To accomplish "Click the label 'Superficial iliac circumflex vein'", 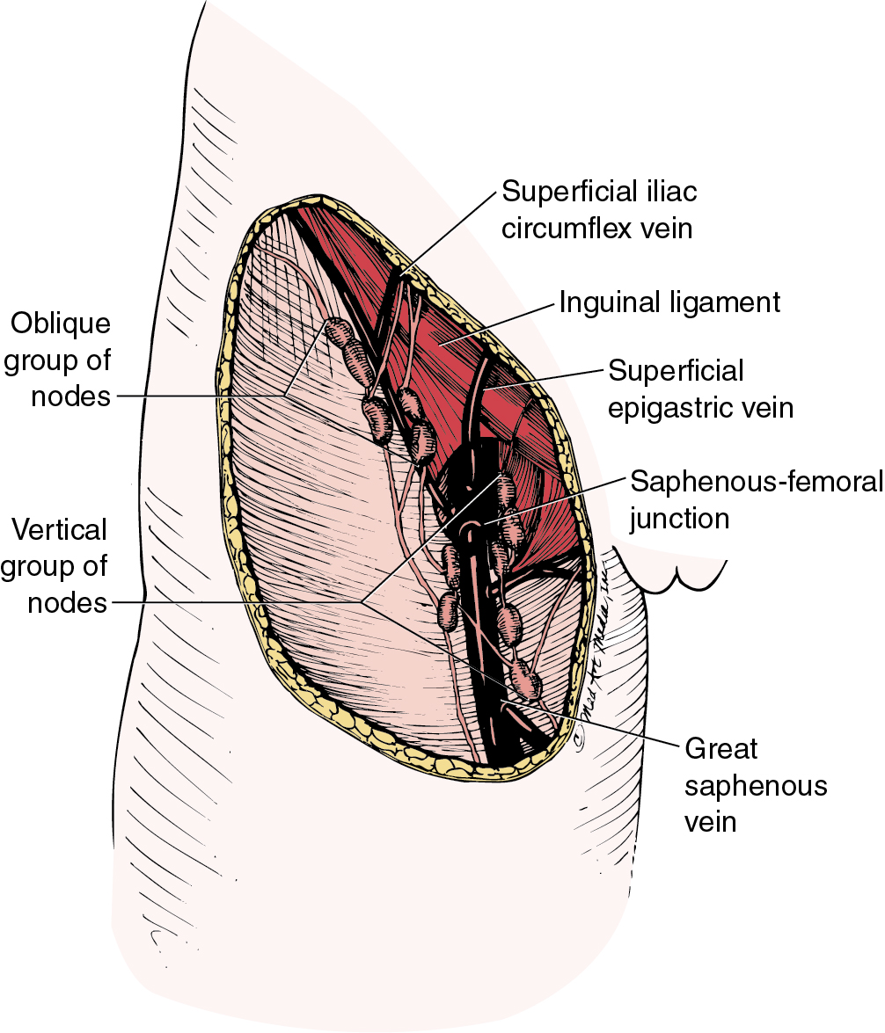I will (x=599, y=209).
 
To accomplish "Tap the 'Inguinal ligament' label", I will (x=670, y=303).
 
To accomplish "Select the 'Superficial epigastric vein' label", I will (x=701, y=389).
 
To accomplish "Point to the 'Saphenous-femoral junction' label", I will (x=755, y=498).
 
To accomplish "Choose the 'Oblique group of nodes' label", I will (x=60, y=360).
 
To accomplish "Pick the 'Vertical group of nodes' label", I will (x=55, y=566).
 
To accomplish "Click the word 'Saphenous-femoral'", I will (x=755, y=481).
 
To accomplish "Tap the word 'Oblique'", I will (x=61, y=324).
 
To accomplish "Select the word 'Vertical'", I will (x=59, y=530).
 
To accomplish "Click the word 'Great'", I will (x=721, y=749).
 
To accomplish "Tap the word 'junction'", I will (x=679, y=518).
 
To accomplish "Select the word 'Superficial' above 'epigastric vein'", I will (x=676, y=371).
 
